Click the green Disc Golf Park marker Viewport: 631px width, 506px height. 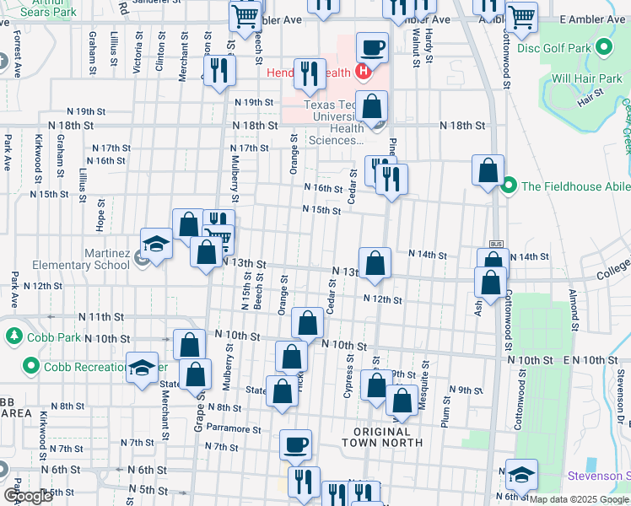pos(604,46)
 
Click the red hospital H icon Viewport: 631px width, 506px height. pos(363,72)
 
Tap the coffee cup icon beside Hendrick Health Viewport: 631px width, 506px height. pos(371,47)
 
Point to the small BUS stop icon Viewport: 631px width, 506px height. pos(496,244)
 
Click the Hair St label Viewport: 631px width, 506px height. pos(587,100)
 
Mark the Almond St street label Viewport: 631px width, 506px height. pos(573,310)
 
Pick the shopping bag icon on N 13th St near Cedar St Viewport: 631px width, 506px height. pos(374,264)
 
